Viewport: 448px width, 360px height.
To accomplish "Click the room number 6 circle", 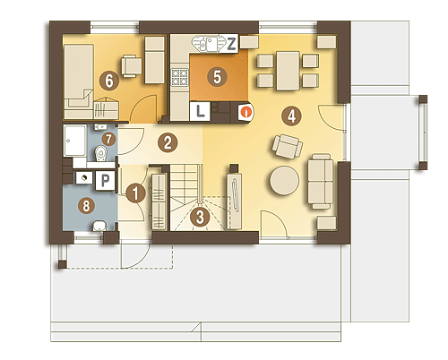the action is tap(109, 81).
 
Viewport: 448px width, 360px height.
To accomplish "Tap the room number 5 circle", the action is tap(217, 77).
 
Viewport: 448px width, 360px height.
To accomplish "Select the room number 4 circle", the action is tap(291, 116).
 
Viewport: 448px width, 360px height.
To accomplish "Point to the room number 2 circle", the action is tap(168, 143).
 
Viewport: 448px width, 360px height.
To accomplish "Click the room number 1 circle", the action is tap(135, 193).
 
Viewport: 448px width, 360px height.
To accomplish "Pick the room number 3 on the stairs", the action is tap(200, 217).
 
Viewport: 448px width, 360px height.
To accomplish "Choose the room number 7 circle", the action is tap(108, 139).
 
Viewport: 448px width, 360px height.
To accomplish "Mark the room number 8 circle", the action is tap(86, 206).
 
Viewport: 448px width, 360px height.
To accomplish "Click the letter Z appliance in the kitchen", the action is tap(231, 44).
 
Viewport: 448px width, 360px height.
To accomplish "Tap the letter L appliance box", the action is tap(200, 111).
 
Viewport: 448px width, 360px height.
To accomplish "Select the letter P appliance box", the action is tap(105, 180).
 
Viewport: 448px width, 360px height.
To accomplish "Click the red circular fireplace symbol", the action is tap(246, 113).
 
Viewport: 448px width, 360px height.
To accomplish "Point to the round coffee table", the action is tap(284, 181).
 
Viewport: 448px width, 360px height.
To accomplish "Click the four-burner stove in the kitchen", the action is tap(179, 77).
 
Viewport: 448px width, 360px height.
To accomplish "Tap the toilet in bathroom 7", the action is tap(100, 154).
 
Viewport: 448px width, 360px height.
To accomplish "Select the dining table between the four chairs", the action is tap(288, 71).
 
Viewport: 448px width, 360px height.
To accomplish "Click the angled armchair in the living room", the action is tap(288, 147).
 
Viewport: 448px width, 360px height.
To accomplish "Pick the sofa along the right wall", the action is tap(321, 181).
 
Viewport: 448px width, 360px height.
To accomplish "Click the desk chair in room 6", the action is tap(132, 65).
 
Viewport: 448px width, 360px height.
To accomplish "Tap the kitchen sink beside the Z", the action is tap(207, 44).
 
